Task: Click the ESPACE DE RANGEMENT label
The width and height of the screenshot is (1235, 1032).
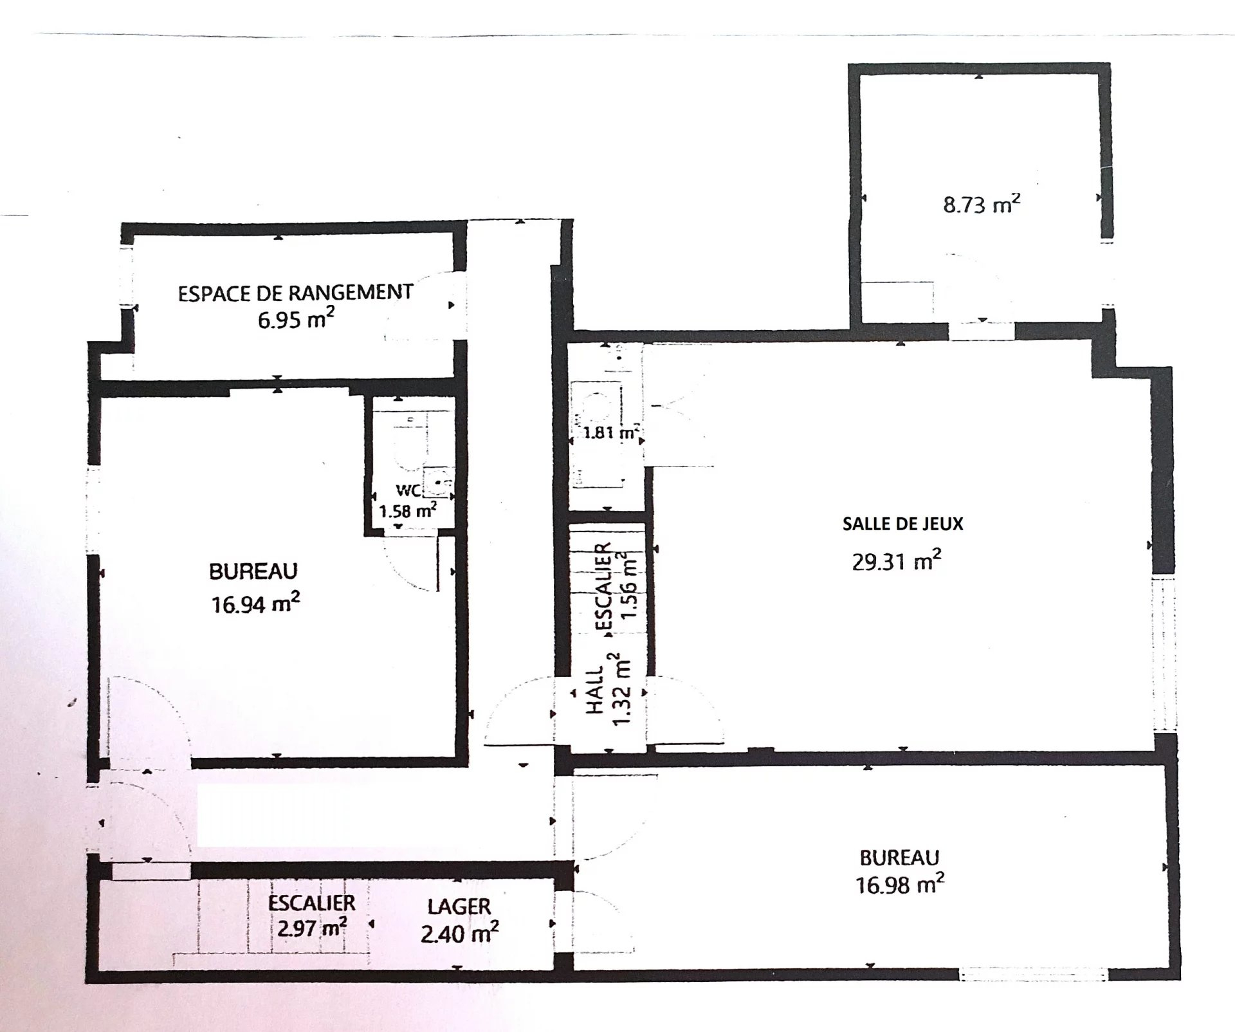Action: click(x=295, y=293)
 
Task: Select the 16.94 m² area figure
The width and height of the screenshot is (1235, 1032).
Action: click(x=256, y=604)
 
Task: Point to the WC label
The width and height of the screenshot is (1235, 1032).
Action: click(x=408, y=490)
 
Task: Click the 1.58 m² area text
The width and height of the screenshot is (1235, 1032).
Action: click(x=408, y=511)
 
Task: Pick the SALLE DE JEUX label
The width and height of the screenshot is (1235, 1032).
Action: click(x=903, y=524)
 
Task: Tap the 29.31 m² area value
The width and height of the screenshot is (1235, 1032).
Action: click(x=897, y=561)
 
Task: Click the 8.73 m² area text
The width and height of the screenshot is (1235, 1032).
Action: click(x=982, y=205)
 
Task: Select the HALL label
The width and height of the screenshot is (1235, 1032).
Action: click(x=596, y=690)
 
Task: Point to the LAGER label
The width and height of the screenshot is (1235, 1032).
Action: click(x=459, y=907)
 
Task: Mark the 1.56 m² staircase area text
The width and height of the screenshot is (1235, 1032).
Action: click(x=628, y=585)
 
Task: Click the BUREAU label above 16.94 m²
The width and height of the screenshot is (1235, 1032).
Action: click(x=253, y=571)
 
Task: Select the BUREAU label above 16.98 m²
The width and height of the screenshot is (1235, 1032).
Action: click(x=899, y=858)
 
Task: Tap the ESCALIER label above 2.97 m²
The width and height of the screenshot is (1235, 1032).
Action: click(x=311, y=903)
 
